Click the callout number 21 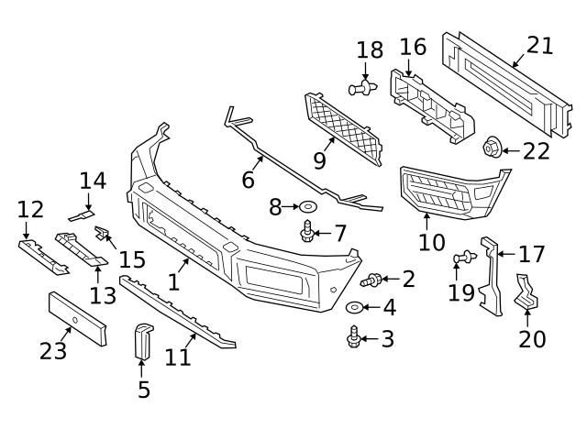[540, 46]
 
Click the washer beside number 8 [307, 208]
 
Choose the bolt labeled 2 [374, 279]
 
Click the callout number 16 [414, 46]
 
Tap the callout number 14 [93, 181]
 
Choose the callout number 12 [29, 210]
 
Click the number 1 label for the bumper [173, 280]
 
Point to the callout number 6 [248, 179]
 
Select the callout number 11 [178, 356]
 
